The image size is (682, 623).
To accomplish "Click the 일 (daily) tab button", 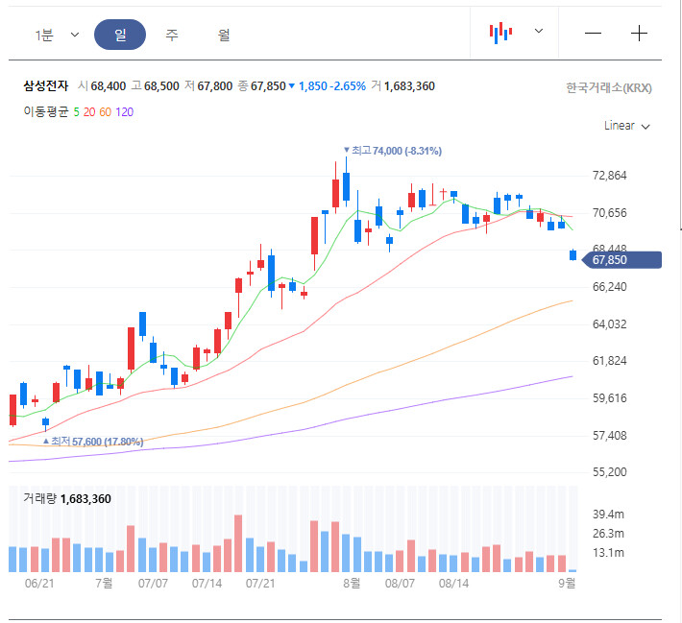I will [x=120, y=35].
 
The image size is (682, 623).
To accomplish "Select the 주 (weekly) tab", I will [x=172, y=35].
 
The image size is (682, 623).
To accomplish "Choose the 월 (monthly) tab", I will [x=224, y=35].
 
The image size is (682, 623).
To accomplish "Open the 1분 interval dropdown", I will [x=57, y=35].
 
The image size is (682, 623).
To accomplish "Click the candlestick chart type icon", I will [x=500, y=33].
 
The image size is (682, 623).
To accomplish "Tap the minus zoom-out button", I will [x=593, y=33].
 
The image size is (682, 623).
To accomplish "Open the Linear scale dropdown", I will [x=627, y=126].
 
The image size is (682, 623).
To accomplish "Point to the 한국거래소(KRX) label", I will [x=609, y=88].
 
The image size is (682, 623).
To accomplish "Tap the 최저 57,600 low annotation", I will [x=97, y=442].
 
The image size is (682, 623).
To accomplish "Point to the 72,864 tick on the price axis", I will [x=611, y=176].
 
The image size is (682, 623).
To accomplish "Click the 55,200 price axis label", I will [x=611, y=472].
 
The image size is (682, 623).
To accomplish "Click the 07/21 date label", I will [x=261, y=583].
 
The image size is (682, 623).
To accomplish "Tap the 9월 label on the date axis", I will [x=568, y=583].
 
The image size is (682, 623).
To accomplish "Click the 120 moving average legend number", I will [x=125, y=111].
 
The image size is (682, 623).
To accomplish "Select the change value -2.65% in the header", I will [x=348, y=86].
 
